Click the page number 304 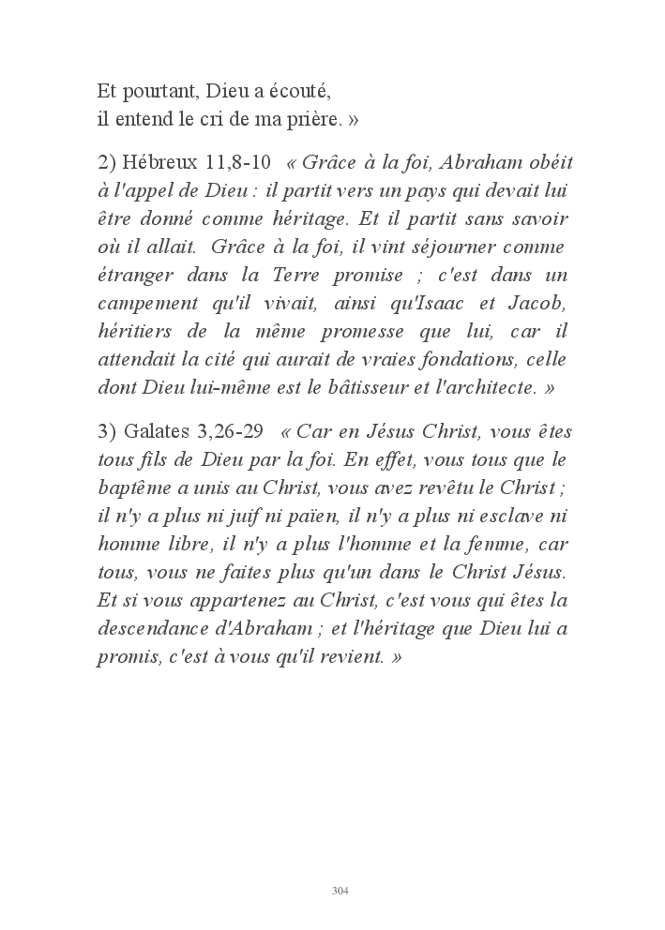340,891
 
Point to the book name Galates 156,431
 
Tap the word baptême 131,487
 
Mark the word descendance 155,628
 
